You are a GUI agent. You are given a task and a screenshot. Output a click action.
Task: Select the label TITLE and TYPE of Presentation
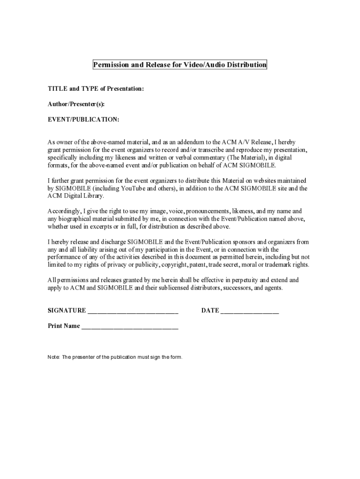[x=96, y=88]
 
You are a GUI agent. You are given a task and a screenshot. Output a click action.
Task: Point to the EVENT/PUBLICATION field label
[x=84, y=120]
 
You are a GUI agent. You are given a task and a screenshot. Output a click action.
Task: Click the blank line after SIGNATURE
[x=133, y=311]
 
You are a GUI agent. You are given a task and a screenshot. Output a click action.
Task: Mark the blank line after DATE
[x=250, y=311]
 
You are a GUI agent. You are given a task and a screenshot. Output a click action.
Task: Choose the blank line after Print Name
[x=130, y=327]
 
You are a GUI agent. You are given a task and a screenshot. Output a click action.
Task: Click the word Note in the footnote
[x=54, y=357]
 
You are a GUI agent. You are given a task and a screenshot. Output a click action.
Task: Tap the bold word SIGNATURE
[x=67, y=311]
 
